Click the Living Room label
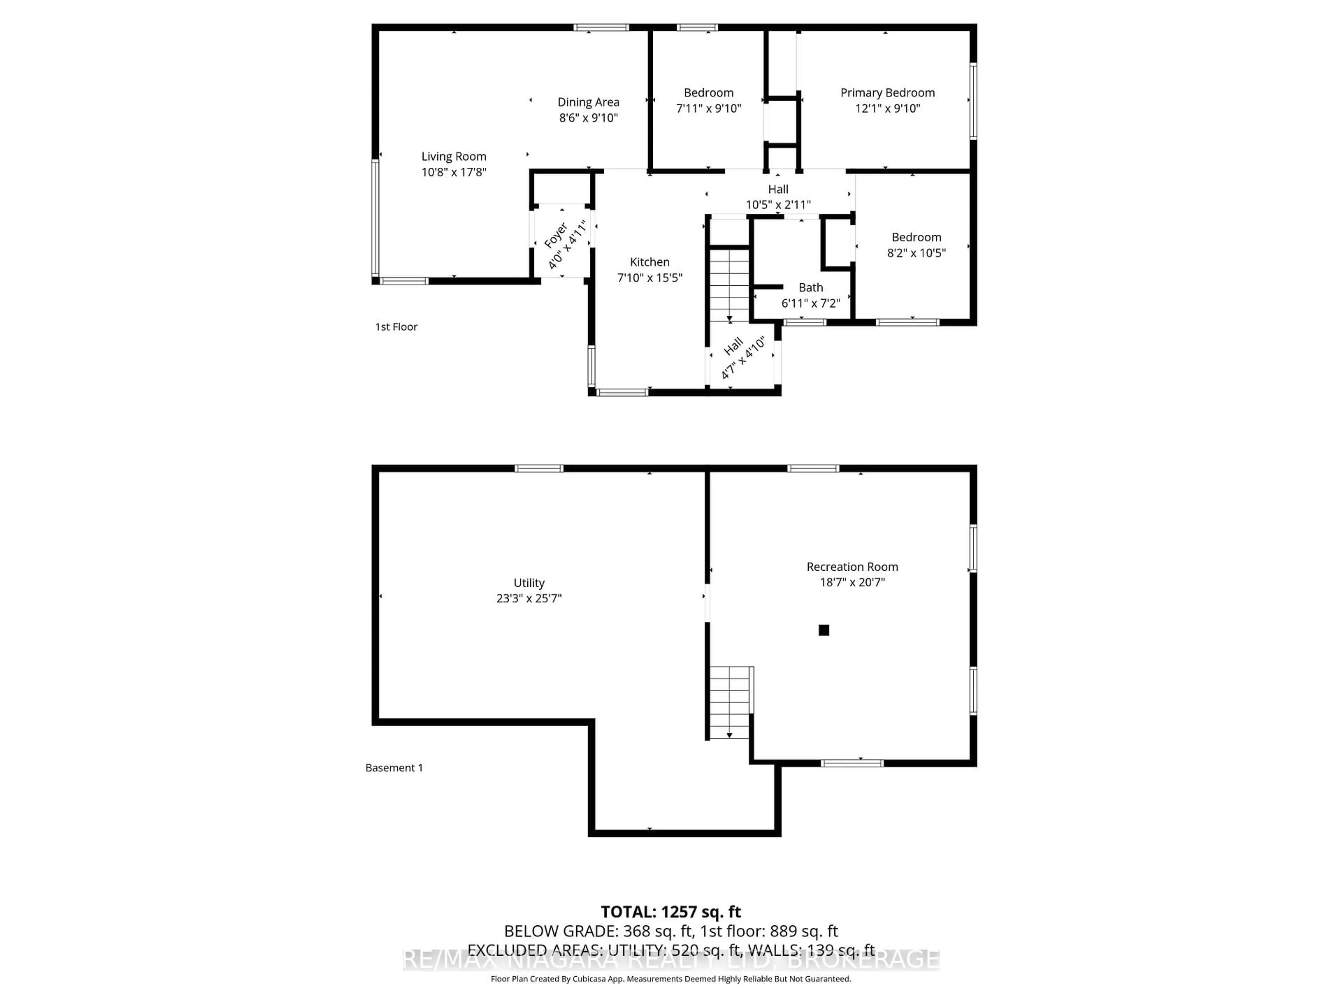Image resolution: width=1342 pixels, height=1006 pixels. point(454,156)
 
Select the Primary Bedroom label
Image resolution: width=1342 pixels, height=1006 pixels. point(887,93)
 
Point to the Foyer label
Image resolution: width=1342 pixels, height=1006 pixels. point(556,235)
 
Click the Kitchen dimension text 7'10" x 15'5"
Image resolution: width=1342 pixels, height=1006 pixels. point(649,278)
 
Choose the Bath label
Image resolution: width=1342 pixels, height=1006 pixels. point(810,287)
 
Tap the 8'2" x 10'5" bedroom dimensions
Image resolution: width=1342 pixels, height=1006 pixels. point(916,253)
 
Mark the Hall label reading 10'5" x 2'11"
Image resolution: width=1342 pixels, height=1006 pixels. point(778,189)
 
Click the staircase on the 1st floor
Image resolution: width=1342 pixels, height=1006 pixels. point(730,285)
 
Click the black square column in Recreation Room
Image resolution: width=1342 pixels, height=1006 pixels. point(823,630)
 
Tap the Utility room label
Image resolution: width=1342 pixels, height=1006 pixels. point(528,583)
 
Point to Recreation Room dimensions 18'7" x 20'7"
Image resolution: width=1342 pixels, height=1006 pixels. point(852,582)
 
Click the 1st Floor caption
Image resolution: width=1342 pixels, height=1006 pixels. point(396,327)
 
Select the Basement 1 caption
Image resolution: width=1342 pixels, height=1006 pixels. point(394,768)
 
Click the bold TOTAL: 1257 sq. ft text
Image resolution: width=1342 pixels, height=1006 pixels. point(670,912)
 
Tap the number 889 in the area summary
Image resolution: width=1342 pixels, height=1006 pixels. point(782,931)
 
